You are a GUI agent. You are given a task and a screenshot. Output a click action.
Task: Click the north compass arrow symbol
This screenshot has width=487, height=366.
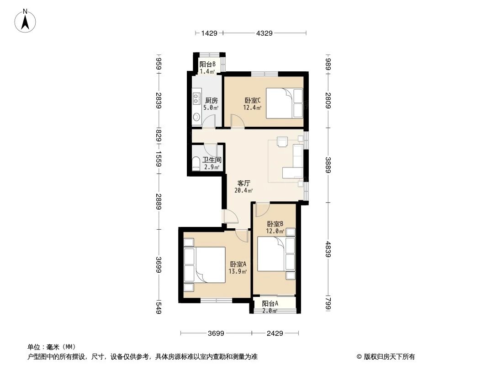(26, 20)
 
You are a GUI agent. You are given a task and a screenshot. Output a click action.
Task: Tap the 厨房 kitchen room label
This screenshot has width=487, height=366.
(211, 101)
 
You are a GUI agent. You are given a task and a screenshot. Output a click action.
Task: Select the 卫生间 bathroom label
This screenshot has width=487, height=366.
(212, 160)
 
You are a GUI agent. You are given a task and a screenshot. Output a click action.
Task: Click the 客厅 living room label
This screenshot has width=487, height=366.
(238, 183)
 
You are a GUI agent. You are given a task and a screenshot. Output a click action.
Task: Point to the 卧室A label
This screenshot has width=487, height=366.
(238, 264)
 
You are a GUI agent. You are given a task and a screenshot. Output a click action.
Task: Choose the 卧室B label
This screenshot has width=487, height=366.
(275, 224)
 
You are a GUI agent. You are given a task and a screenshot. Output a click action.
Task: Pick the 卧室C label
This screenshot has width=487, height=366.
(252, 101)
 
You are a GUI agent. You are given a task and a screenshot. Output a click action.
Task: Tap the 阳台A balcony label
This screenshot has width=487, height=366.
(270, 303)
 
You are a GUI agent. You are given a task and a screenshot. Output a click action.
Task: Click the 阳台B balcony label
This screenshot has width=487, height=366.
(207, 65)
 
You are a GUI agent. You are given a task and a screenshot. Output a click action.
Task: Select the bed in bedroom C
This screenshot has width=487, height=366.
(283, 103)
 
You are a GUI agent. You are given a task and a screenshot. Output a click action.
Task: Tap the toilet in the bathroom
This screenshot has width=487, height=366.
(196, 163)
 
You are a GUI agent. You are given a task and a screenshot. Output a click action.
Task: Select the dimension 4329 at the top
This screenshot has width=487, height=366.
(264, 33)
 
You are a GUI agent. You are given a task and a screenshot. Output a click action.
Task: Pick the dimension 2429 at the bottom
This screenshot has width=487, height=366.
(275, 334)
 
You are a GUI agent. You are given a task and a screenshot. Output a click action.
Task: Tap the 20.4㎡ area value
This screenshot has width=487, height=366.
(241, 190)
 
